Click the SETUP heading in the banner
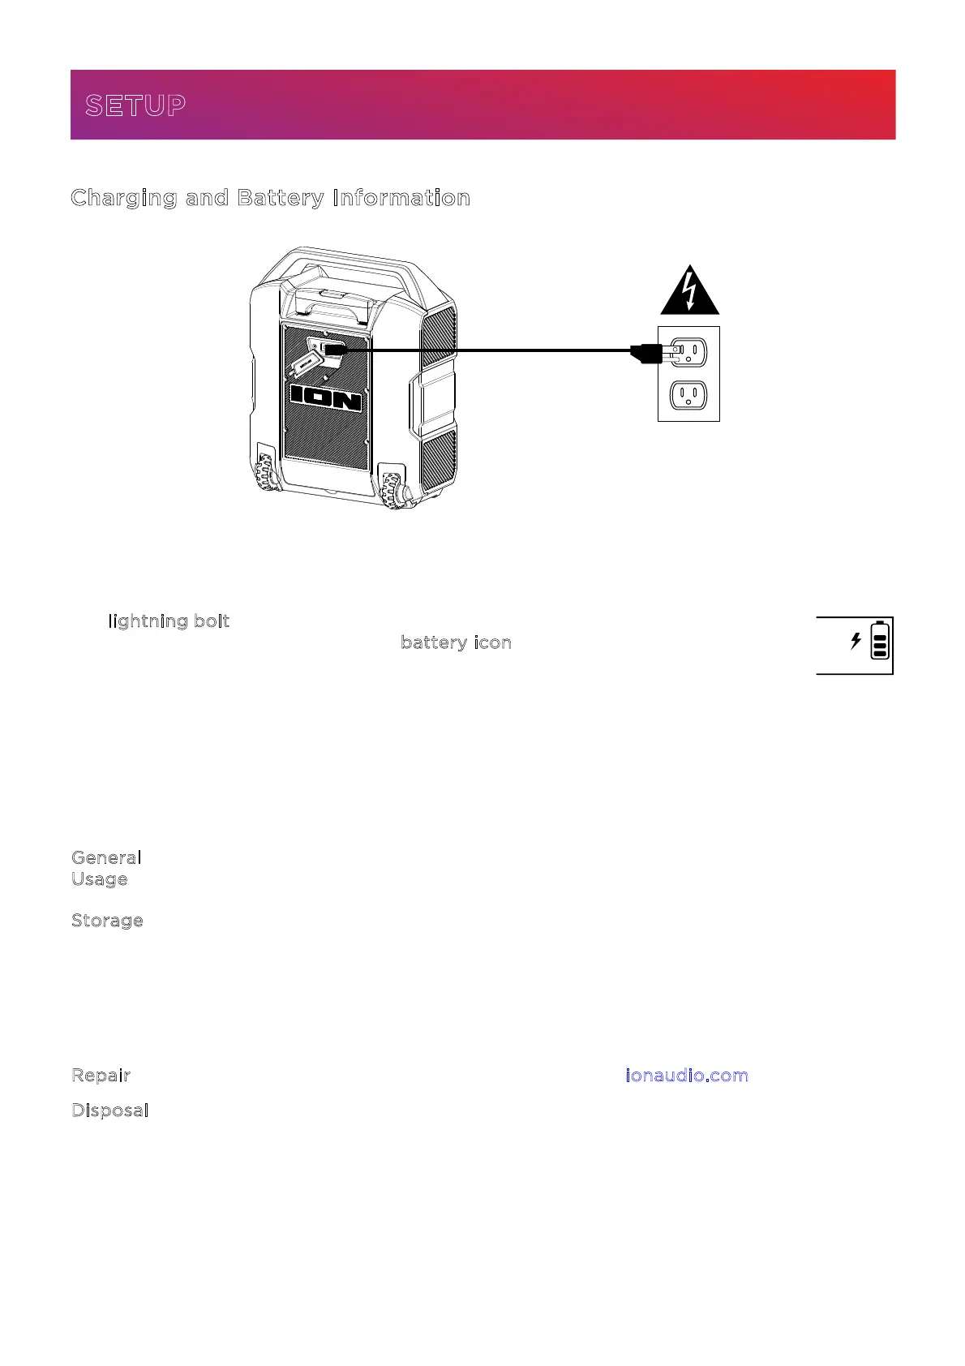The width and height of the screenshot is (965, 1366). coord(135,105)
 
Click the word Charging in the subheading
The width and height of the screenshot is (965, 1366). coord(123,198)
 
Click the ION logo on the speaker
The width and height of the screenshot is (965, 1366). coord(326,397)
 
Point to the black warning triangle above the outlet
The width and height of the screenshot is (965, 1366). coord(689,292)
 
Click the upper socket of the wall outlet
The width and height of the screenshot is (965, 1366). coord(688,351)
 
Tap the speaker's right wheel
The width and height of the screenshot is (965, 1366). coord(394,490)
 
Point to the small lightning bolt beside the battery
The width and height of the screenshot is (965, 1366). coord(856,641)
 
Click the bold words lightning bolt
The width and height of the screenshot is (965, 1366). coord(169,621)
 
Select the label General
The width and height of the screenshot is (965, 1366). coord(106,857)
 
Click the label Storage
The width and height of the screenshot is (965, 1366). coord(107,921)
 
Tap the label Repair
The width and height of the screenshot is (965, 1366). coord(101,1076)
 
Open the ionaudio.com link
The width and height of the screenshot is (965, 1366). coord(687,1076)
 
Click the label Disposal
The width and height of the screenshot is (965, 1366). coord(109,1110)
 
